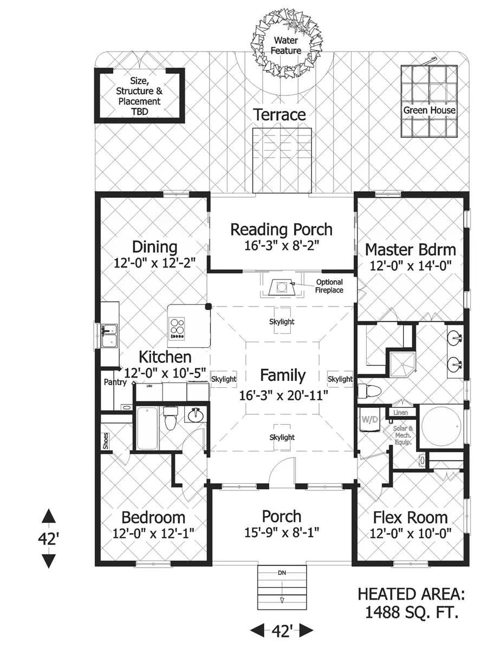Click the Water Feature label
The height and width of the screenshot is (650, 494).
click(286, 45)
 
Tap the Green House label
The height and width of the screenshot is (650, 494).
click(429, 110)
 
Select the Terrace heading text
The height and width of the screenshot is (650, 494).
click(279, 115)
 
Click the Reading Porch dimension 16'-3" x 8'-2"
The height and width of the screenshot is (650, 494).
click(282, 245)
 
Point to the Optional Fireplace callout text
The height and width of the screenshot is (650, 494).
click(329, 286)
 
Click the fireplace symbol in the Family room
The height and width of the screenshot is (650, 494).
click(282, 287)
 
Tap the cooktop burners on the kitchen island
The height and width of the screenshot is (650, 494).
click(177, 328)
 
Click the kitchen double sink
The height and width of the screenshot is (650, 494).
click(109, 336)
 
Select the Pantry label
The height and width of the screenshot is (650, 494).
click(115, 382)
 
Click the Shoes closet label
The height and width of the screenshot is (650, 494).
click(106, 441)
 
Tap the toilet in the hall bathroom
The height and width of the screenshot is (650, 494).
click(170, 419)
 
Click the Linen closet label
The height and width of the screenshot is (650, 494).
click(400, 413)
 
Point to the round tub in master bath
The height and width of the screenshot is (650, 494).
click(441, 426)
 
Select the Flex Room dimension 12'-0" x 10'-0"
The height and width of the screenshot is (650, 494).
click(410, 534)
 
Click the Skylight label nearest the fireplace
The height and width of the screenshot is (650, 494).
click(282, 322)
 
